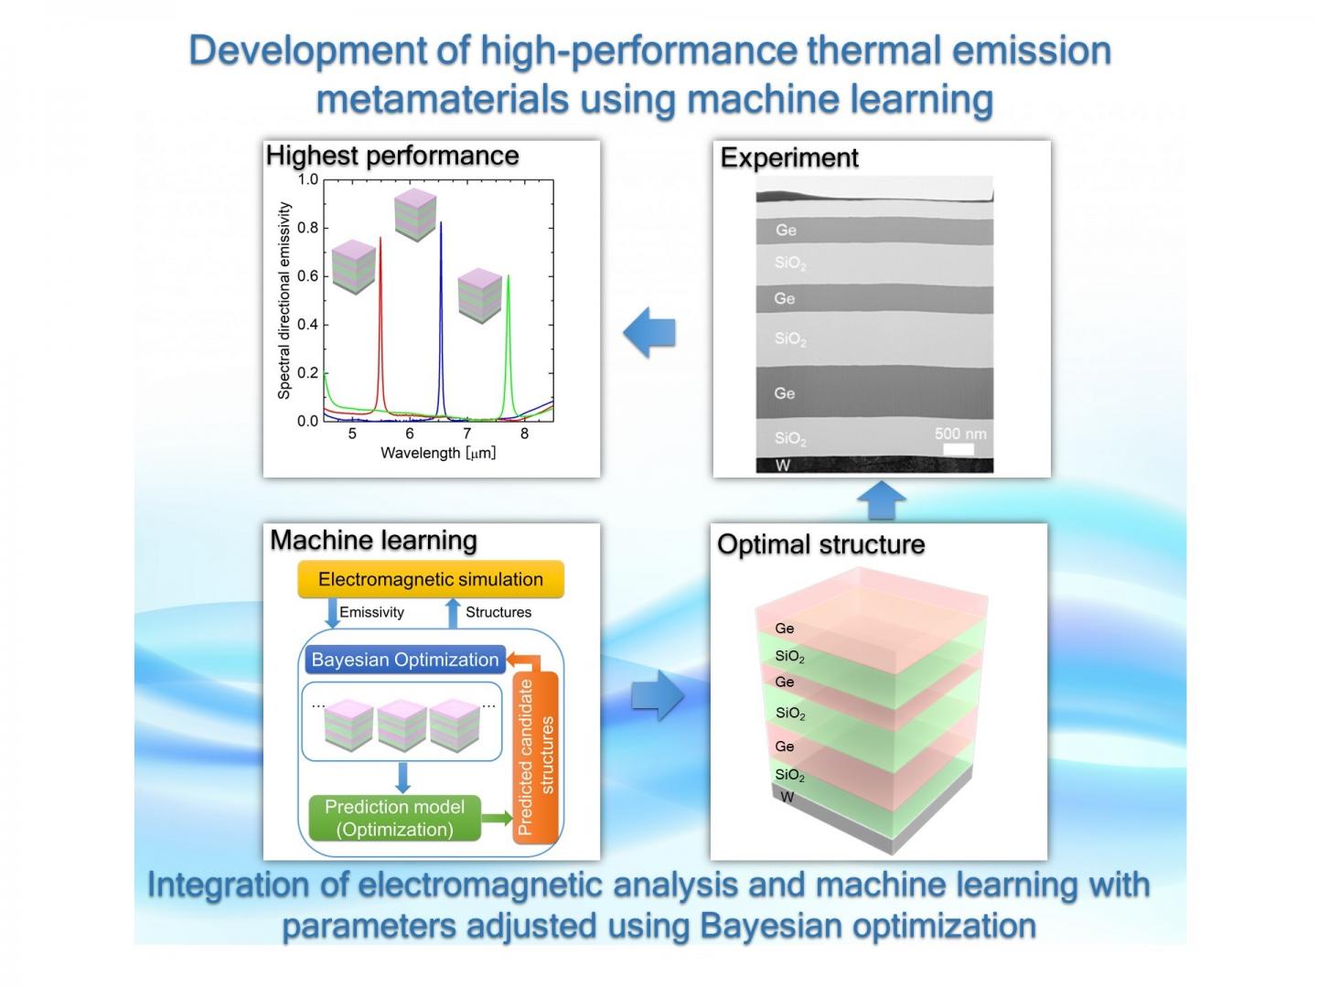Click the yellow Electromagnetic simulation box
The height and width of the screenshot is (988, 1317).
(x=431, y=579)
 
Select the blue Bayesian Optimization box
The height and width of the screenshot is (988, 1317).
(x=405, y=660)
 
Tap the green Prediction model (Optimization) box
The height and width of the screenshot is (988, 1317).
(x=395, y=818)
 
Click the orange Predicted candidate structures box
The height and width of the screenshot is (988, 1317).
(x=536, y=757)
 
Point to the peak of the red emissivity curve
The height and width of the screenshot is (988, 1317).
(x=380, y=238)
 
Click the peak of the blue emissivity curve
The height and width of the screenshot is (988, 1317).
(x=441, y=222)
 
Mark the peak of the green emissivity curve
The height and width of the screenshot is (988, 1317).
(x=509, y=275)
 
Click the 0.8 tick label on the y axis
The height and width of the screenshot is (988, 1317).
(x=308, y=228)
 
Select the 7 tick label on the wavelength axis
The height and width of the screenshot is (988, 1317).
(x=467, y=433)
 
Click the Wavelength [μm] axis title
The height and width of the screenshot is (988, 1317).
(x=438, y=453)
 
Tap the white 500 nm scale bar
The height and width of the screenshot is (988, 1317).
(x=958, y=449)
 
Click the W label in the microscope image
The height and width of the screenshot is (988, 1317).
(x=782, y=466)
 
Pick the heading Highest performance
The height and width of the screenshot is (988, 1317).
(x=392, y=156)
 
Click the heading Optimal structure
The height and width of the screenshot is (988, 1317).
(x=820, y=544)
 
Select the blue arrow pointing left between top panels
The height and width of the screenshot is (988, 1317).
(x=649, y=332)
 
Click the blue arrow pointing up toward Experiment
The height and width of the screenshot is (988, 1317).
(x=882, y=499)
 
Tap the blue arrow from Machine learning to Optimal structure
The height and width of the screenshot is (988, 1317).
(x=658, y=695)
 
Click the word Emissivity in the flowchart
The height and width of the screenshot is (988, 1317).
(x=371, y=612)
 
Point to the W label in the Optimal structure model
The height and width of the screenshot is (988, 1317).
(x=787, y=797)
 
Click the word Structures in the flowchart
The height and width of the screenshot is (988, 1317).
(x=498, y=612)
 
